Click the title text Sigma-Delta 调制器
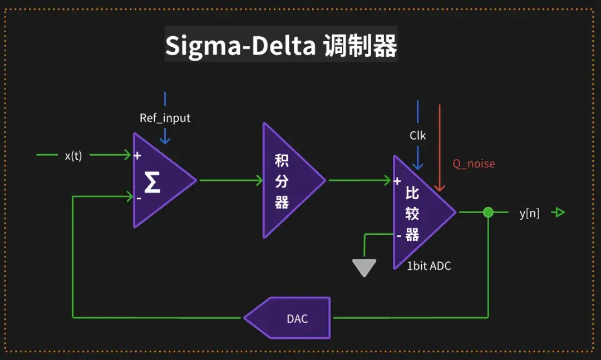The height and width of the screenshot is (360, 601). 281,46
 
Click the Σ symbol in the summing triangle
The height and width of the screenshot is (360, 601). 152,182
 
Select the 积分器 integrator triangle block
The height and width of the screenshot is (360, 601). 287,180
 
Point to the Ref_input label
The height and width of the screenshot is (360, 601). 165,118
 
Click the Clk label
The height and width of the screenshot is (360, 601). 417,135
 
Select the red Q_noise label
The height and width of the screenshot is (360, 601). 473,164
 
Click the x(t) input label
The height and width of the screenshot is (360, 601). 73,156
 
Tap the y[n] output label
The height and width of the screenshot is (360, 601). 529,213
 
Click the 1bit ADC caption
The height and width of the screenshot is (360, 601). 428,266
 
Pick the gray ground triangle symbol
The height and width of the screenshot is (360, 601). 364,268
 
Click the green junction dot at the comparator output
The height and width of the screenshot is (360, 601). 488,212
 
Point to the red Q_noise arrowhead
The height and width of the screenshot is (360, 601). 440,188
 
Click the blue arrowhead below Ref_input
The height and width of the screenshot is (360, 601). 165,140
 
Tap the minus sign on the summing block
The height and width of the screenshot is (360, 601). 139,198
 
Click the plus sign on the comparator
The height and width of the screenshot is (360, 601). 397,181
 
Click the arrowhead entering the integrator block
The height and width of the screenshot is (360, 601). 259,180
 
